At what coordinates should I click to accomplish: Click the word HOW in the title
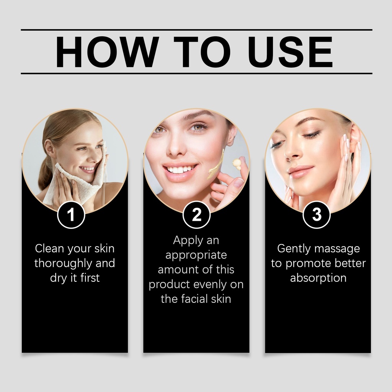click(107, 52)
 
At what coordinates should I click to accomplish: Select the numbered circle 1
click(71, 214)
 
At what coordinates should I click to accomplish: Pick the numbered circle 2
click(196, 214)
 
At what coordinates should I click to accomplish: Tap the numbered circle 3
click(317, 214)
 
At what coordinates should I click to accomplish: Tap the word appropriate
click(196, 256)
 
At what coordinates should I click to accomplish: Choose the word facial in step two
click(197, 299)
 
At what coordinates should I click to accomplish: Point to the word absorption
click(318, 278)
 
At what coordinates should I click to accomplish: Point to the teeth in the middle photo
click(180, 170)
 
